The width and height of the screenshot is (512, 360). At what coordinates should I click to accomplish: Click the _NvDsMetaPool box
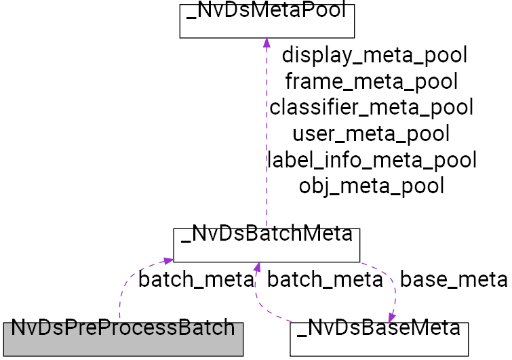coord(267,20)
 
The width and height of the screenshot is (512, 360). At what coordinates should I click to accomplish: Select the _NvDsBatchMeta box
coord(266,245)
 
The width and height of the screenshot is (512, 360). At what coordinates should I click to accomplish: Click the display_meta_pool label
coord(374,55)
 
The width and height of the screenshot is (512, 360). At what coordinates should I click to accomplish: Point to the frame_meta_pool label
coord(371,81)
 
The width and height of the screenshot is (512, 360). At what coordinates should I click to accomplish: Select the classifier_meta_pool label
coord(371,107)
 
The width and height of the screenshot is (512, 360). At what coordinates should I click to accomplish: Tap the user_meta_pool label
coord(371,134)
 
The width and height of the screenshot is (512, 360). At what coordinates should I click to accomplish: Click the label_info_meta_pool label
coord(372,160)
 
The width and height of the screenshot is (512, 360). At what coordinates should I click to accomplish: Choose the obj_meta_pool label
coord(371,186)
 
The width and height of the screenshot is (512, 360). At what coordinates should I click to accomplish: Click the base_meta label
coord(453,279)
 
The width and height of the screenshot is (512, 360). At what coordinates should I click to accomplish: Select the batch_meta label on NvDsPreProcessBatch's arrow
coord(195,279)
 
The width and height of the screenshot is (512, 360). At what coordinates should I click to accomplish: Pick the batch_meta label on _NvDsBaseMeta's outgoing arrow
coord(325,279)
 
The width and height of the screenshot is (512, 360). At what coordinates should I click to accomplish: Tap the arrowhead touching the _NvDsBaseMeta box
coord(393,316)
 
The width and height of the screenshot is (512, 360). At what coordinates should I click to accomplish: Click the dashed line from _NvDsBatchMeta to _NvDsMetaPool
coord(267,136)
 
